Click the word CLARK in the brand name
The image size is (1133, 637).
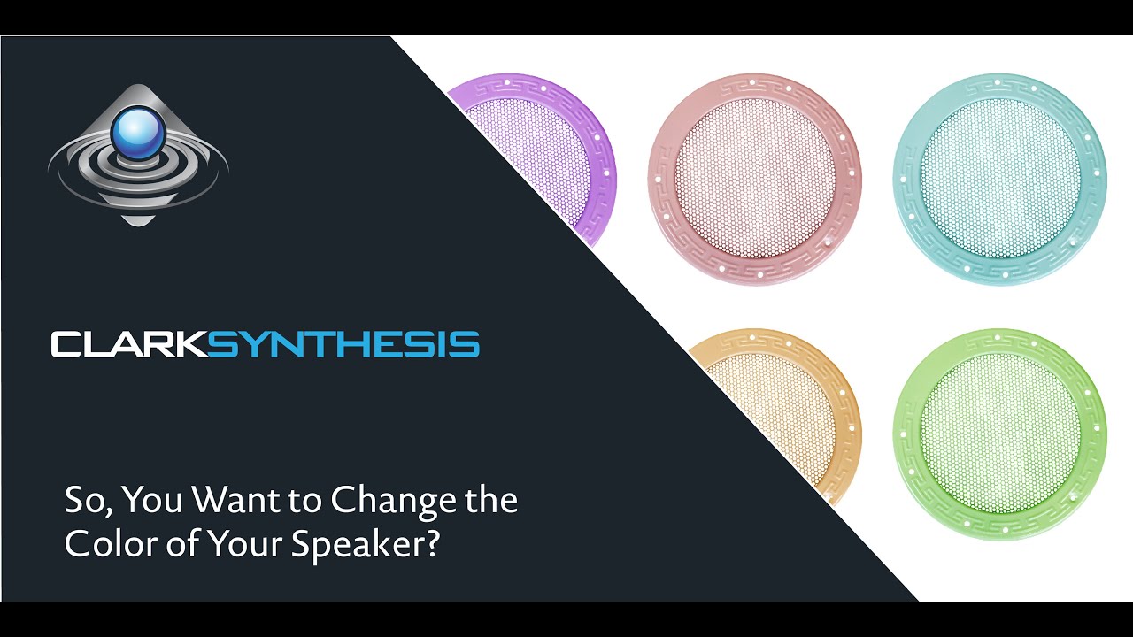coord(129,344)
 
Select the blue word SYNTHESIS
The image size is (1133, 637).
coord(343,344)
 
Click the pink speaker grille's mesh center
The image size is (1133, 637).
coord(754,179)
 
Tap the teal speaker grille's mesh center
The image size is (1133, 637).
coord(999,179)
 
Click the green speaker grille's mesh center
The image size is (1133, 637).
coord(999,434)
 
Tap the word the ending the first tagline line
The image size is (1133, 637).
coord(491,501)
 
